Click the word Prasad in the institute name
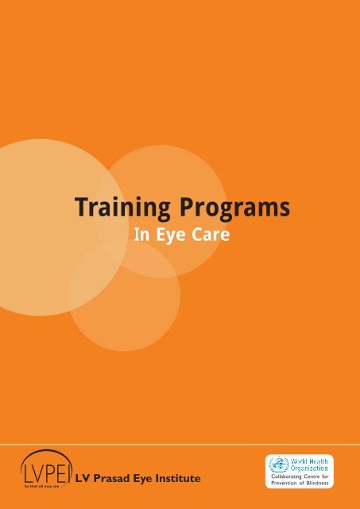point(112,477)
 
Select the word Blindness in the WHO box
point(320,483)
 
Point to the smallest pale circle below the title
point(124,295)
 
